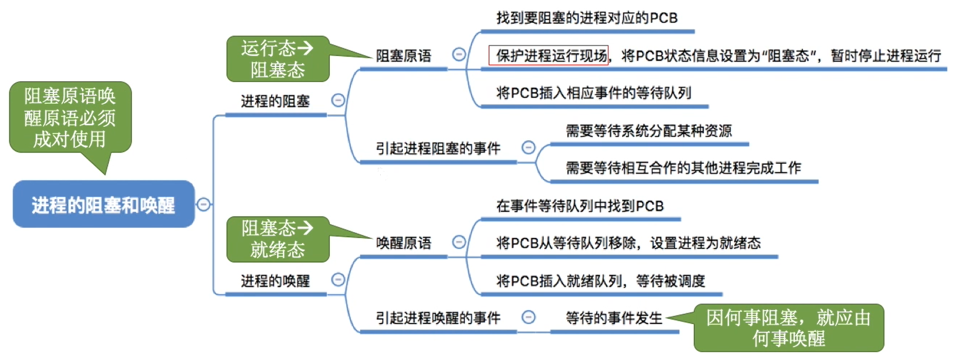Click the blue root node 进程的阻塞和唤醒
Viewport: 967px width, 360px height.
[x=103, y=204]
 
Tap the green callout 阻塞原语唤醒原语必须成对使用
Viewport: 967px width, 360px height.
[x=70, y=118]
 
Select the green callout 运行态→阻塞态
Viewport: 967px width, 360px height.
[x=277, y=59]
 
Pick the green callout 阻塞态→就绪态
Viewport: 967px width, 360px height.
[x=277, y=239]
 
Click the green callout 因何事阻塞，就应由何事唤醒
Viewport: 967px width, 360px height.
[x=788, y=328]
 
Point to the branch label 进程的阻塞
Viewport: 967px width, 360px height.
[x=275, y=101]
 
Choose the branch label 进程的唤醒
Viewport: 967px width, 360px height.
[x=275, y=281]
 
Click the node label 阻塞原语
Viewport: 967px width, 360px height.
[x=403, y=55]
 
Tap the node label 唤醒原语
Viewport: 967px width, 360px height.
[x=403, y=243]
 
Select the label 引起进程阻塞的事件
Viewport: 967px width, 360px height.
[x=438, y=149]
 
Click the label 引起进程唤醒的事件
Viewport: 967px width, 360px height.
[x=438, y=318]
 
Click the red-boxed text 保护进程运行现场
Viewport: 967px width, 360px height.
[x=549, y=55]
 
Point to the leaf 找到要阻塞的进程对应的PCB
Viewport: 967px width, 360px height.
[x=587, y=18]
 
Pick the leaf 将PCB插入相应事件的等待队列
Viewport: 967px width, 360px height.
[x=593, y=93]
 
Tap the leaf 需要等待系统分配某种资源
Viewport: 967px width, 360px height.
[x=648, y=131]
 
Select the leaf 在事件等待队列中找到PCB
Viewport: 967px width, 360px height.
[x=580, y=206]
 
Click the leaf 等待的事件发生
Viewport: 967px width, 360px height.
[x=613, y=318]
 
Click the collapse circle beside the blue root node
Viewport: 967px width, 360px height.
[x=203, y=204]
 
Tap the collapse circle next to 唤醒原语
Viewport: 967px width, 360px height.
[x=459, y=242]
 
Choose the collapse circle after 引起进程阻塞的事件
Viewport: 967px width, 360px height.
[x=528, y=148]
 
